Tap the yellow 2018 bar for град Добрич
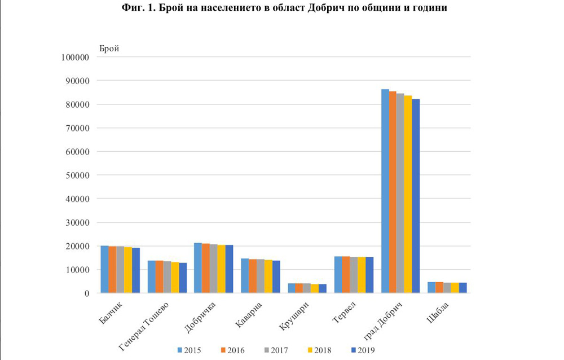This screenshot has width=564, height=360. click(x=408, y=194)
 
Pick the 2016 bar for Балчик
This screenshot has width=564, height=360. click(x=113, y=270)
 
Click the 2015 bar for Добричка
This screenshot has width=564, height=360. click(x=198, y=268)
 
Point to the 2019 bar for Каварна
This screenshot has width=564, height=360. click(x=276, y=277)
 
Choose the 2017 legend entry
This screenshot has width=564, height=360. click(x=277, y=350)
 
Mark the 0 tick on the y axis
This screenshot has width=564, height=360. click(x=87, y=293)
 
